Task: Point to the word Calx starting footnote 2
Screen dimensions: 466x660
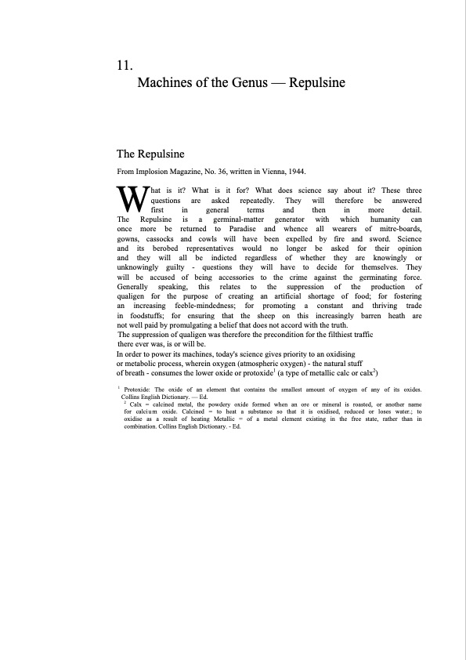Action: click(137, 404)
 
